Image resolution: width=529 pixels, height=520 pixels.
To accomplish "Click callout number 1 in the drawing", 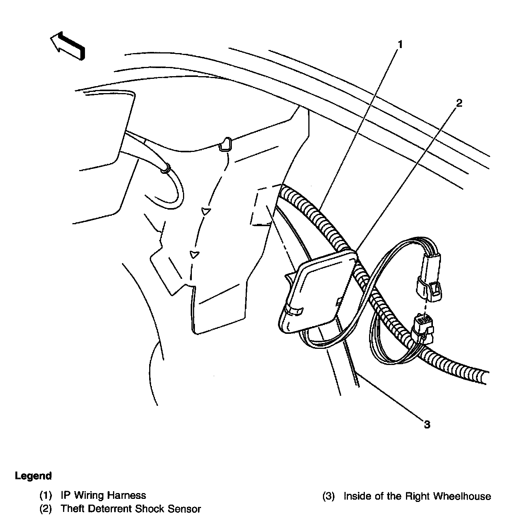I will click(400, 45).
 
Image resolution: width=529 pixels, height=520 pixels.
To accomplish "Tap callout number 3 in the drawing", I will click(427, 424).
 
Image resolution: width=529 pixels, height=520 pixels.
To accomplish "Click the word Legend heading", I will click(33, 476).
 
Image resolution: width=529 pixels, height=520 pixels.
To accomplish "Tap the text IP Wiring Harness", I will click(103, 495).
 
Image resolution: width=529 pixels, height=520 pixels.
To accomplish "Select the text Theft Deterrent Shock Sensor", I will click(131, 509).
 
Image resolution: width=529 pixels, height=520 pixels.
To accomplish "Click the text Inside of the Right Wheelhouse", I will click(417, 496).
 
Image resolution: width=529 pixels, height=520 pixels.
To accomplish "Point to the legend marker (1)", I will click(46, 495).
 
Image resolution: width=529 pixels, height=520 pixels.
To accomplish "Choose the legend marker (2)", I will click(46, 509).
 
